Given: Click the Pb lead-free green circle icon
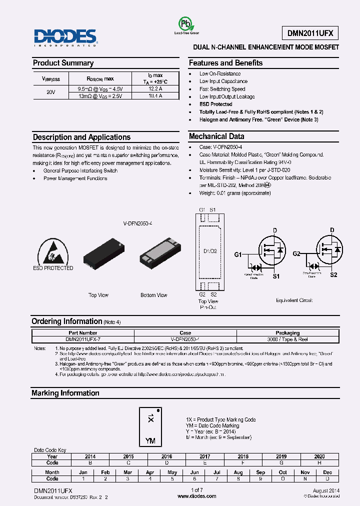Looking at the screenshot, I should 185,23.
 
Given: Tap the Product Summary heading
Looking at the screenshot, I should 63,63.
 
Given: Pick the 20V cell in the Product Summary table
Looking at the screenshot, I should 50,92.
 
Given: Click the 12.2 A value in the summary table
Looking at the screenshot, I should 155,88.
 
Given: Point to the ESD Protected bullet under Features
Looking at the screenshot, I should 215,104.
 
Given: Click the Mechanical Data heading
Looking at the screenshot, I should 216,136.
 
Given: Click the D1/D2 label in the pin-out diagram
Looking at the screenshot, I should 208,250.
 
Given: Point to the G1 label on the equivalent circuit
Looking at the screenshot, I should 238,255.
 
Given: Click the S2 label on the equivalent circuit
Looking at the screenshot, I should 333,275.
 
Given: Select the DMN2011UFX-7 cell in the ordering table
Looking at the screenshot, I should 83,339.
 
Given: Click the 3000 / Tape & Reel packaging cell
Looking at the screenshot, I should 287,339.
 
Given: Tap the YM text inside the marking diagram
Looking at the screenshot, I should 150,440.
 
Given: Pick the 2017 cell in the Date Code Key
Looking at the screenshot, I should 205,456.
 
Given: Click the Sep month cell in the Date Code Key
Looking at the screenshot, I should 260,472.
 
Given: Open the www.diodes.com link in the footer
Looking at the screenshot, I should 197,496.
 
